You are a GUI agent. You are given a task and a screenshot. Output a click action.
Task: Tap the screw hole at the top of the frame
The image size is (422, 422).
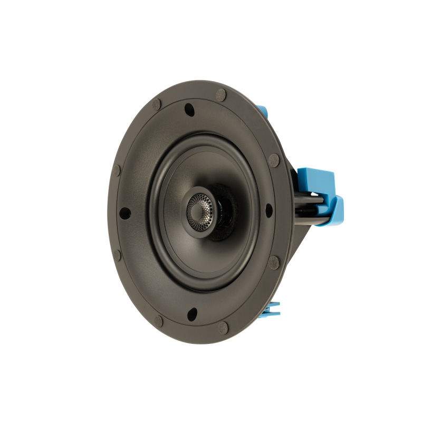coord(188,110)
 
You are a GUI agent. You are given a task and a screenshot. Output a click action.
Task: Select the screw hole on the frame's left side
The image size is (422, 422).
coord(125,212)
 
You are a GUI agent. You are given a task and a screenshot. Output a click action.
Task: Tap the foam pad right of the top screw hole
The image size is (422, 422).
coord(219,95)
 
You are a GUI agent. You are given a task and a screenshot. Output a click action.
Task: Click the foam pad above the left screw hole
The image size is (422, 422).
coord(117,170)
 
